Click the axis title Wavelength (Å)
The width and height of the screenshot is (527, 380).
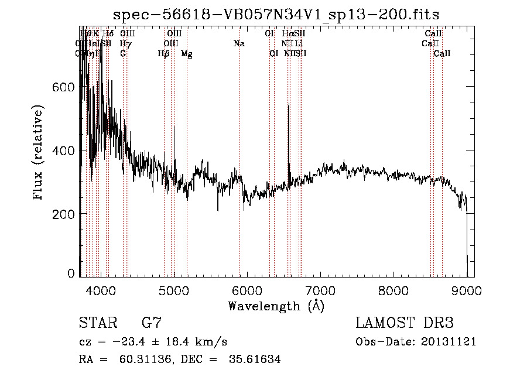pyautogui.click(x=276, y=306)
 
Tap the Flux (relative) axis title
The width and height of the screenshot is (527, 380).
pyautogui.click(x=39, y=153)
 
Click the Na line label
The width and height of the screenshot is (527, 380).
pyautogui.click(x=239, y=43)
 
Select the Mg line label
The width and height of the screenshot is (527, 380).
pyautogui.click(x=187, y=54)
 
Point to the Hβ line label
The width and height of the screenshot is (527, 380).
pyautogui.click(x=164, y=54)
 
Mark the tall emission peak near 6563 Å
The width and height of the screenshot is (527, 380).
pyautogui.click(x=289, y=105)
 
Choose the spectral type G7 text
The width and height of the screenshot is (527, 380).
pyautogui.click(x=152, y=323)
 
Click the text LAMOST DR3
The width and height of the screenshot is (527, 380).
pyautogui.click(x=404, y=323)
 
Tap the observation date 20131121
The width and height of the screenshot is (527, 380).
pyautogui.click(x=450, y=342)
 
